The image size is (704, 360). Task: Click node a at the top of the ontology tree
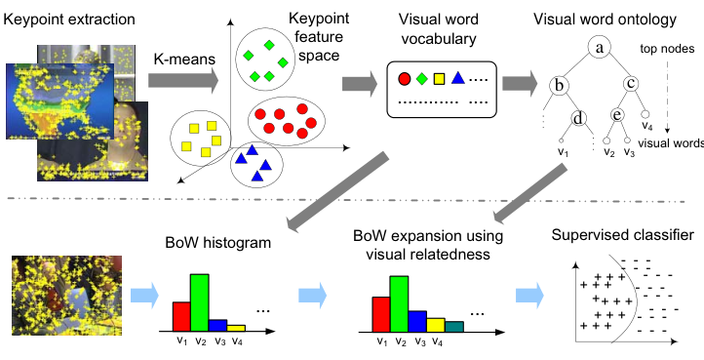599,48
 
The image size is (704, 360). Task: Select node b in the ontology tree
559,86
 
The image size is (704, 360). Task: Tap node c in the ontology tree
631,84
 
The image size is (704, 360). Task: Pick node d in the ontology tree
579,119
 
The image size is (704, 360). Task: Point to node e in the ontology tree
618,115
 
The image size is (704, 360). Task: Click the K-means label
184,59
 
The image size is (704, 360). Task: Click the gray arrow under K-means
183,81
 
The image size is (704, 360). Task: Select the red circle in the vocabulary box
404,79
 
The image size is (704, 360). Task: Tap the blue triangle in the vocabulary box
457,78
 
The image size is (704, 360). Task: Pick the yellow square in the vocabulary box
439,79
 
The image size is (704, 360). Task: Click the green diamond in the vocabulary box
421,79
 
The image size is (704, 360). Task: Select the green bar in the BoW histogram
200,302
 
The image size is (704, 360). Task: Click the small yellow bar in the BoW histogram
236,328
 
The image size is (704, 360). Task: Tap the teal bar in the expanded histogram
454,327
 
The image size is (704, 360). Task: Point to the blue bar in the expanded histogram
417,321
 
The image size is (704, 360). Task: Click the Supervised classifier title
622,235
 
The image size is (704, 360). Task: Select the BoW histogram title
218,243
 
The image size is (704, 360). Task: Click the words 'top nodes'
667,49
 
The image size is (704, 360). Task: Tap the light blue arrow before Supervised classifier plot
529,296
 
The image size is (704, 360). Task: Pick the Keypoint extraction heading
69,20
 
